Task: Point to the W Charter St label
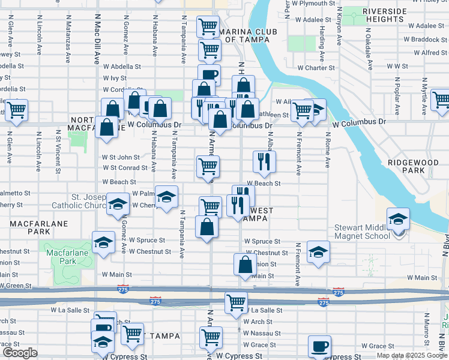coord(314,68)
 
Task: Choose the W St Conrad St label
coord(121,167)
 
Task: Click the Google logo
coord(20,353)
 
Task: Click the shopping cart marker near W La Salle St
coord(237,302)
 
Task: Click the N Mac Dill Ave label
coord(97,42)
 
